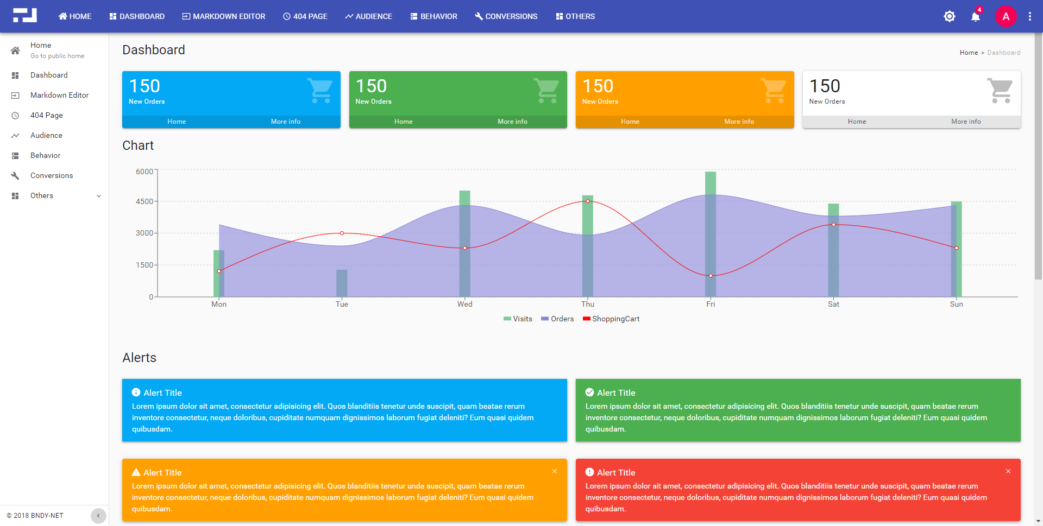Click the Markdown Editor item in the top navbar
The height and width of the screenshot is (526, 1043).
(223, 16)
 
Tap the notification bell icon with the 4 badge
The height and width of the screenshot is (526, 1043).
(975, 17)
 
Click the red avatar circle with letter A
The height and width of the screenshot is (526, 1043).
(1006, 16)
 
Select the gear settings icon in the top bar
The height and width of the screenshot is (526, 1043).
(949, 16)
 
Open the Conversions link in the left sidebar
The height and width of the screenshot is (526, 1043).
(51, 175)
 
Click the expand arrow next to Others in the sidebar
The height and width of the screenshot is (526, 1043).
(99, 196)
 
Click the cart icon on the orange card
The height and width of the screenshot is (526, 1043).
(773, 90)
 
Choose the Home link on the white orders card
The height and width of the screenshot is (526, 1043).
(857, 122)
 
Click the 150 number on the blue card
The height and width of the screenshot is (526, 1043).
(144, 86)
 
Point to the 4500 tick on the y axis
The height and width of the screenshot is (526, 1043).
(144, 201)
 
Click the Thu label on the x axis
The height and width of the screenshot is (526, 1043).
(588, 304)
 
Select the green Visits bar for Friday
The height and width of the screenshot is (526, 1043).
(710, 183)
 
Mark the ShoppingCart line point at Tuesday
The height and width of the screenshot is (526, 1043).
(342, 233)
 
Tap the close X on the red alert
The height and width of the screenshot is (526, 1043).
(1008, 471)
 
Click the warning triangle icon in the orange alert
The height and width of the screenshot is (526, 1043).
(136, 472)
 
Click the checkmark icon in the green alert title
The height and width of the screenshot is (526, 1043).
(589, 392)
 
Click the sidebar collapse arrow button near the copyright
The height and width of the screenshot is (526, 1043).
(98, 516)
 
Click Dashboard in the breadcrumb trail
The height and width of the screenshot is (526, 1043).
(1003, 53)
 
